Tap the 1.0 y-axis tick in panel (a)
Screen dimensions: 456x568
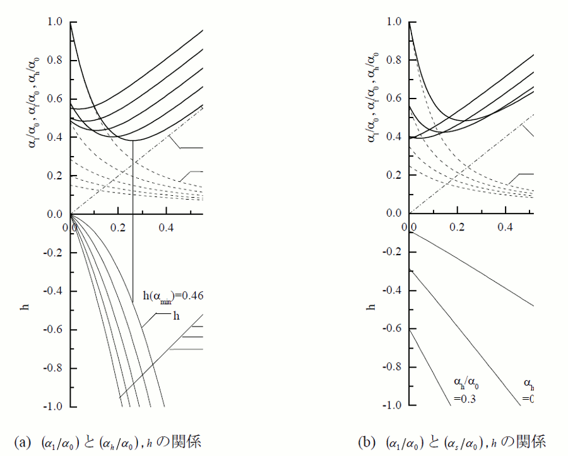click(x=55, y=22)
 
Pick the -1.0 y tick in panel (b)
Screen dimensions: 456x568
click(x=392, y=406)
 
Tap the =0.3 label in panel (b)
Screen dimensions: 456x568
click(x=464, y=399)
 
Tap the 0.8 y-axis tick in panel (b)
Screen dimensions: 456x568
click(x=394, y=61)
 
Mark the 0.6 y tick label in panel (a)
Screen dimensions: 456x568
click(x=55, y=99)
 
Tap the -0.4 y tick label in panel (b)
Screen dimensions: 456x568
click(x=392, y=291)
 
